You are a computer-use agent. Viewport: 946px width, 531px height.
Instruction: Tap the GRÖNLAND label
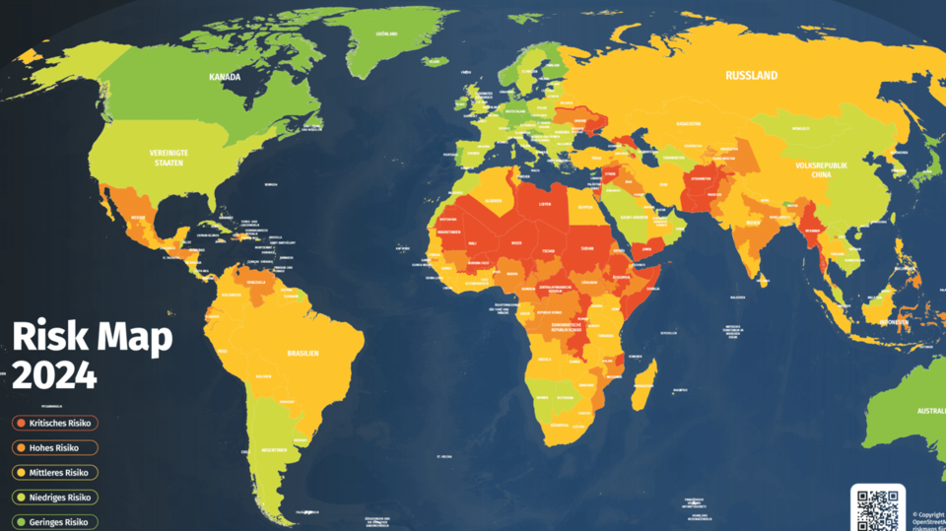tap(386, 33)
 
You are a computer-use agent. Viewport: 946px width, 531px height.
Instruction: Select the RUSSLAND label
tap(751, 76)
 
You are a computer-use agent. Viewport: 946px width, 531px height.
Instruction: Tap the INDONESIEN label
tap(895, 321)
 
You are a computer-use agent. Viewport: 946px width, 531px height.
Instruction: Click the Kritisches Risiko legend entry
tap(54, 423)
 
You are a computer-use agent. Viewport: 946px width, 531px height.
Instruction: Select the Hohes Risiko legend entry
tap(54, 447)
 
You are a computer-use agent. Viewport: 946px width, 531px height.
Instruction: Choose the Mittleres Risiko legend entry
tap(54, 472)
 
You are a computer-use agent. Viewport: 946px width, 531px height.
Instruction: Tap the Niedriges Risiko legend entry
tap(54, 497)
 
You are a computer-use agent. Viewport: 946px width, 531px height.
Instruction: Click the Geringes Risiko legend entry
tap(54, 521)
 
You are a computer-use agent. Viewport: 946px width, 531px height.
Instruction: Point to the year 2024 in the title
tap(54, 374)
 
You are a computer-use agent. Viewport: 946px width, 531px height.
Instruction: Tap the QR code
tap(877, 508)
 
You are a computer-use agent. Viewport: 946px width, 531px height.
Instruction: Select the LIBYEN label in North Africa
tap(545, 205)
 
